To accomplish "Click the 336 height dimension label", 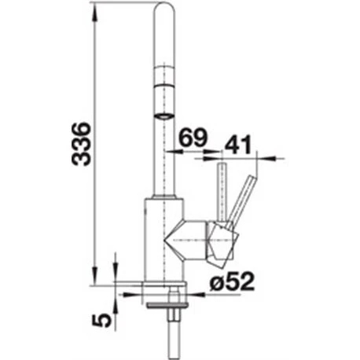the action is (x=82, y=144).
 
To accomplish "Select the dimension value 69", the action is (x=194, y=138).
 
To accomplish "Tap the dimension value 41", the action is (x=238, y=145).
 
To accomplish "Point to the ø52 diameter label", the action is (x=232, y=282).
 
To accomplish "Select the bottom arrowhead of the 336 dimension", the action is (x=95, y=276).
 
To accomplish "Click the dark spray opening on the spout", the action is (x=164, y=116).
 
